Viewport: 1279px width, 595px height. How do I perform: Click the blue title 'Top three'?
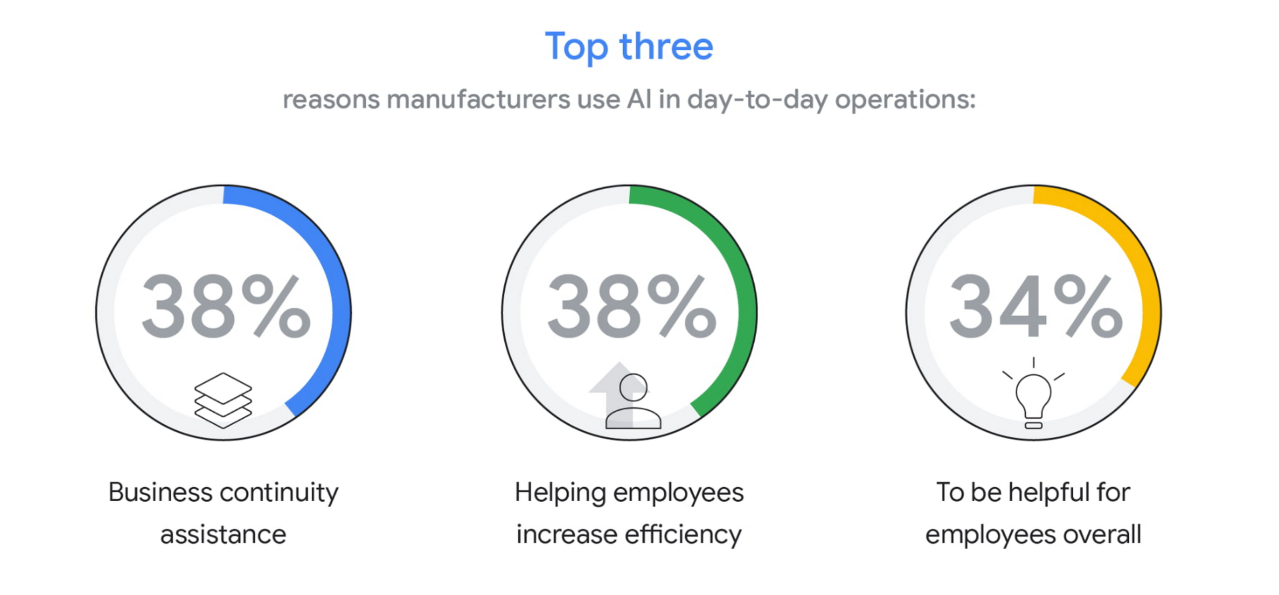tap(629, 47)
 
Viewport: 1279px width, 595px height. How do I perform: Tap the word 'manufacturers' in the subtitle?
tap(478, 100)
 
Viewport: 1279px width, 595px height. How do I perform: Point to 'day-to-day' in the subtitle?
tap(757, 100)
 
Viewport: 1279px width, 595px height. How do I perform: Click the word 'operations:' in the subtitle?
tap(905, 100)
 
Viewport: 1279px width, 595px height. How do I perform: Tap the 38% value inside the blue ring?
tap(226, 307)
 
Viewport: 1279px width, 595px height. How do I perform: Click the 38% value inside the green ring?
tap(632, 307)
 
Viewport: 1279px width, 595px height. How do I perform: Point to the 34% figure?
tap(1036, 307)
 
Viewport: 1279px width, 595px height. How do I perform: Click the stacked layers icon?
tap(223, 399)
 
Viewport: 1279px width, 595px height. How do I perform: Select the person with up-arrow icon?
tap(626, 395)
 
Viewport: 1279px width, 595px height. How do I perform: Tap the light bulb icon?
tap(1033, 394)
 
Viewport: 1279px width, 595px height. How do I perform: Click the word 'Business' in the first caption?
tap(161, 493)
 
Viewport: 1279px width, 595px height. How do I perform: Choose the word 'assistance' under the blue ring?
tap(223, 534)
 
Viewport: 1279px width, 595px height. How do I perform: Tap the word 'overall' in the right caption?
tap(1102, 534)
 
